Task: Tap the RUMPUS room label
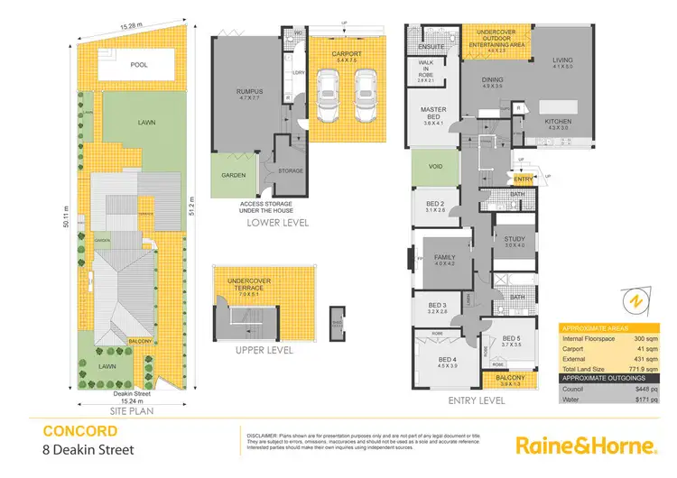coord(236,91)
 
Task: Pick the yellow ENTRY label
coord(524,179)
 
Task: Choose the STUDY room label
coord(514,239)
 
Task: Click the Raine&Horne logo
coord(584,445)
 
